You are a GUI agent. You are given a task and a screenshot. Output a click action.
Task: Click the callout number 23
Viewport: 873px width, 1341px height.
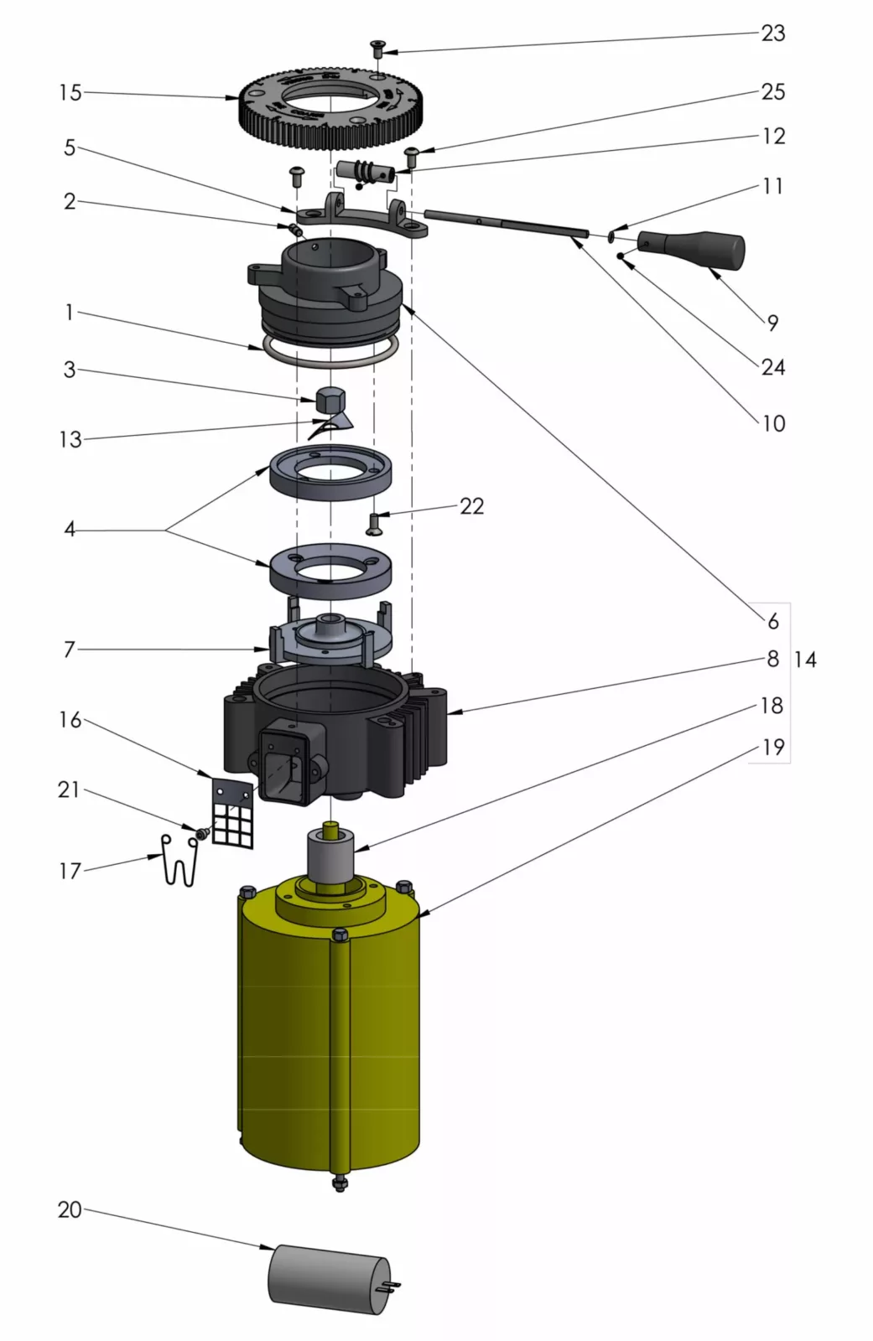772,34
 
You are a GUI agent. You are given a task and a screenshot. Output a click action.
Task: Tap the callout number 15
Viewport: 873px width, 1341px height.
70,92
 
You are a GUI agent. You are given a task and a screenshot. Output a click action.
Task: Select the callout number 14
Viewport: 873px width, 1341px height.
804,660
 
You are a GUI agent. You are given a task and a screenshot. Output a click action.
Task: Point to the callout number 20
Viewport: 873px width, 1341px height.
70,1209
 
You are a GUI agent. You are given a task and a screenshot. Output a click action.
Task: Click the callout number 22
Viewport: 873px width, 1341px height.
471,506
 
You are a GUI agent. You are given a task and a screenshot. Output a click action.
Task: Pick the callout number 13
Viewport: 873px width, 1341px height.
70,439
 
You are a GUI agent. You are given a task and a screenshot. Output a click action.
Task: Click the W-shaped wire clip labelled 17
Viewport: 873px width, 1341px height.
179,863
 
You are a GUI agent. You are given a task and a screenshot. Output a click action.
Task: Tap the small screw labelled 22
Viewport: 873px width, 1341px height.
374,524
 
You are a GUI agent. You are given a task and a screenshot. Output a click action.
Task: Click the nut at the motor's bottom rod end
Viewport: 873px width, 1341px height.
340,1183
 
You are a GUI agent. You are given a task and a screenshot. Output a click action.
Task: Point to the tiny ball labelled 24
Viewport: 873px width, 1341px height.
620,256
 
